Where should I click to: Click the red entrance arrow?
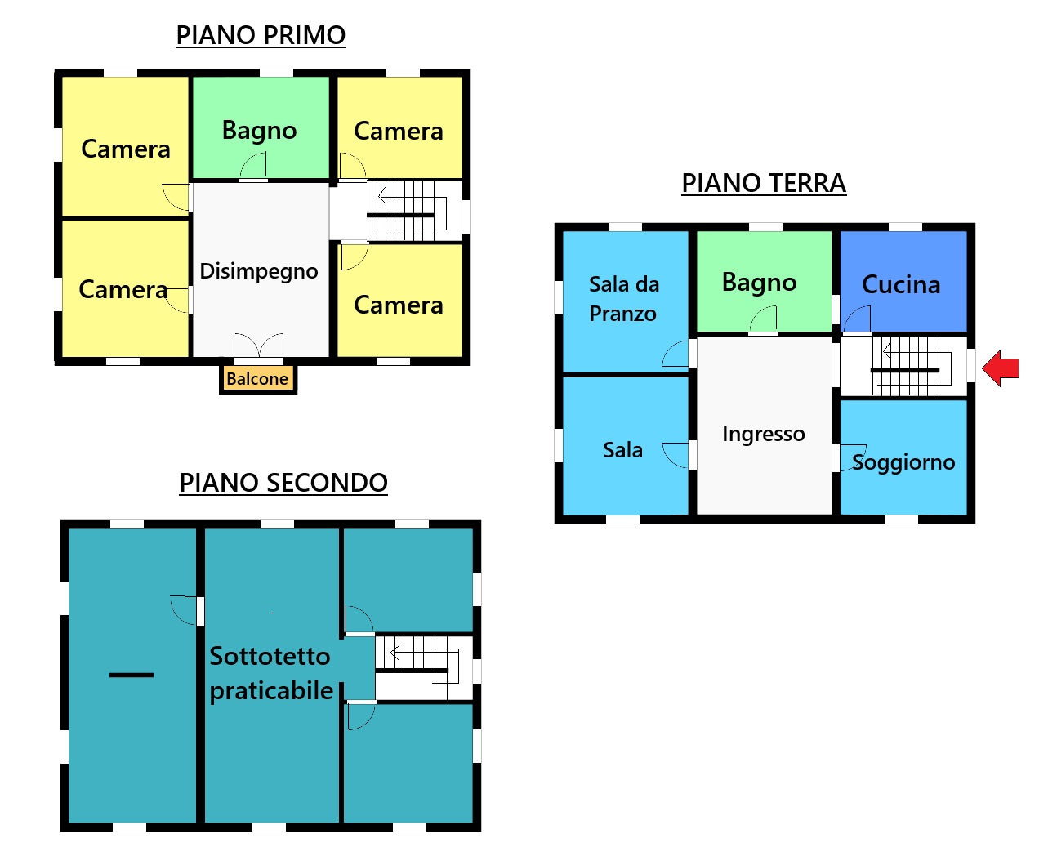pyautogui.click(x=1001, y=368)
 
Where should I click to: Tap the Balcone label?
pyautogui.click(x=257, y=378)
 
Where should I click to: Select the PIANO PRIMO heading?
pyautogui.click(x=261, y=35)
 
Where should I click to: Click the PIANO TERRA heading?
pyautogui.click(x=764, y=183)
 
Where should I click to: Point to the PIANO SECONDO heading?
pyautogui.click(x=283, y=483)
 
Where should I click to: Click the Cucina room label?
pyautogui.click(x=901, y=284)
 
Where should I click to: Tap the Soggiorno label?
pyautogui.click(x=903, y=462)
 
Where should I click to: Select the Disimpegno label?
pyautogui.click(x=259, y=272)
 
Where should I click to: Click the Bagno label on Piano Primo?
pyautogui.click(x=260, y=131)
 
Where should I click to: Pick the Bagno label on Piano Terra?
pyautogui.click(x=760, y=283)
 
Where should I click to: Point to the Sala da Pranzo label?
pyautogui.click(x=623, y=299)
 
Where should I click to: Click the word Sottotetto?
pyautogui.click(x=270, y=656)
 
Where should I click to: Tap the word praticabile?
pyautogui.click(x=271, y=691)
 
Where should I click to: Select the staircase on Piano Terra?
pyautogui.click(x=911, y=366)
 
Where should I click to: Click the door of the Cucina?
pyautogui.click(x=858, y=319)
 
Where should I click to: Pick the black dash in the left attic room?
pyautogui.click(x=132, y=676)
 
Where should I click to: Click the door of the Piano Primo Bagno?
pyautogui.click(x=253, y=166)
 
